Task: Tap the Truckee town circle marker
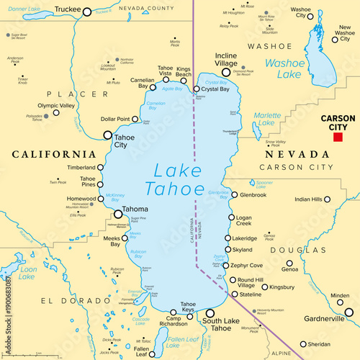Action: pos(87,12)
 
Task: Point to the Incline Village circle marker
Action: pos(226,72)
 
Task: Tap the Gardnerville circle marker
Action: pos(349,312)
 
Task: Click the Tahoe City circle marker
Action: pos(108,135)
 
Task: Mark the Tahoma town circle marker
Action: pos(118,213)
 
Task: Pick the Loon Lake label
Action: pos(27,274)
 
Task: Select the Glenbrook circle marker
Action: pos(234,194)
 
